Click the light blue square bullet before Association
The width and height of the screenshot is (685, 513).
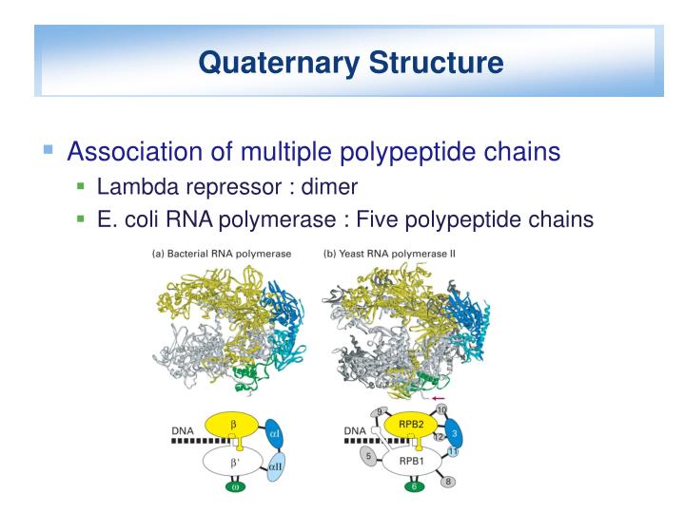coord(49,149)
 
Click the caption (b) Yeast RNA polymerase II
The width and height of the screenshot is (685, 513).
coord(391,254)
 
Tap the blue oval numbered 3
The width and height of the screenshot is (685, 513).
coord(454,432)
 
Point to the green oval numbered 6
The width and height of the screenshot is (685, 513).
coord(412,488)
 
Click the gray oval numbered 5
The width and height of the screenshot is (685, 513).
coord(367,457)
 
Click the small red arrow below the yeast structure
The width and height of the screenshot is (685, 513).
coord(440,399)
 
